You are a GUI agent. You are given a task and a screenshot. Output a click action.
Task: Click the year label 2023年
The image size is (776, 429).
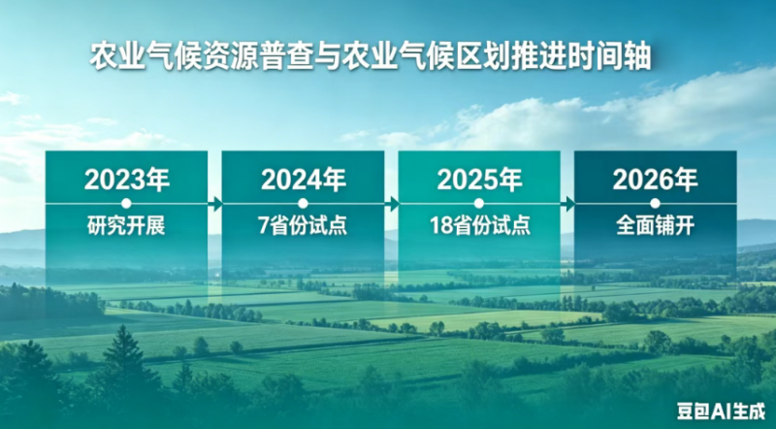pyautogui.click(x=127, y=180)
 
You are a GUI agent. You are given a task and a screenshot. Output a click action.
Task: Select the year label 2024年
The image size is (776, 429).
pyautogui.click(x=304, y=180)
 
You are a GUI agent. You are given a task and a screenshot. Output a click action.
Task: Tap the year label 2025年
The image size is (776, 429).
pyautogui.click(x=479, y=180)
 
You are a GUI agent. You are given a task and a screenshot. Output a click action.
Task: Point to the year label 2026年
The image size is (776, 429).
pyautogui.click(x=656, y=180)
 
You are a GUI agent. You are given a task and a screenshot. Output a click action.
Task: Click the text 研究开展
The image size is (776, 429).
pyautogui.click(x=126, y=226)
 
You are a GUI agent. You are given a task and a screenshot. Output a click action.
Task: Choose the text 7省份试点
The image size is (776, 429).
pyautogui.click(x=303, y=226)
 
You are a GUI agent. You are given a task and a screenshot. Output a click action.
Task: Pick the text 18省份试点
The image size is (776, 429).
pyautogui.click(x=479, y=226)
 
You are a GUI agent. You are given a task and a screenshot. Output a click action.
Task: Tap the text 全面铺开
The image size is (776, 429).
pyautogui.click(x=656, y=226)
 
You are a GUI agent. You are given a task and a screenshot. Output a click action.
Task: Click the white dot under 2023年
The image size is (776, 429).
pyautogui.click(x=126, y=203)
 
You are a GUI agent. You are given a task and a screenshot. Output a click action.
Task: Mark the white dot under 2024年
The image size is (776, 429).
pyautogui.click(x=304, y=203)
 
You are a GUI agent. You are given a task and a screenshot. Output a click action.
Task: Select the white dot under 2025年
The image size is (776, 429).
pyautogui.click(x=478, y=203)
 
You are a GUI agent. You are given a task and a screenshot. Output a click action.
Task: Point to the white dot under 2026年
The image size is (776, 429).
pyautogui.click(x=656, y=203)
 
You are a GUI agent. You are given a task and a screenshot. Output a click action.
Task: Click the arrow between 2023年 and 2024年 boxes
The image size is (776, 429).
pyautogui.click(x=214, y=204)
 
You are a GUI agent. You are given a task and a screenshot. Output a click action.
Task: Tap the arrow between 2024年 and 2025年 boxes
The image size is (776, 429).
pyautogui.click(x=392, y=204)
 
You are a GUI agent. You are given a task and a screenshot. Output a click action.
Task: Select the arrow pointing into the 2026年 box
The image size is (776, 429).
pyautogui.click(x=567, y=204)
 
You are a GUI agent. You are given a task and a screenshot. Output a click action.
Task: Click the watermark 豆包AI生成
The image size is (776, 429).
pyautogui.click(x=721, y=411)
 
